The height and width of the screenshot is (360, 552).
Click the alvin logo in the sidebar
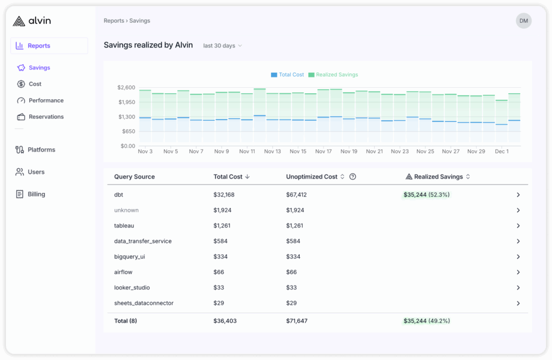[x=32, y=21]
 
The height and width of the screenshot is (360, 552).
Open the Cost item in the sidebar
[x=35, y=84]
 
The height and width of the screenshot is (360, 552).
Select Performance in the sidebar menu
[x=46, y=100]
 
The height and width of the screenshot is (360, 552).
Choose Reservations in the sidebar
[x=46, y=117]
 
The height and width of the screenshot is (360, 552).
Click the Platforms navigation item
[x=41, y=150]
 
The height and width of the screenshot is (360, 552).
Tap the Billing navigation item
[x=36, y=194]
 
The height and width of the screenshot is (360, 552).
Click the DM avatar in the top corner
[x=523, y=21]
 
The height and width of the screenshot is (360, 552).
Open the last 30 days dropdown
[x=222, y=46]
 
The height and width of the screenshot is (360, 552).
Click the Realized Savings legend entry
[x=333, y=75]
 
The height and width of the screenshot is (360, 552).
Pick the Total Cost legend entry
[x=288, y=75]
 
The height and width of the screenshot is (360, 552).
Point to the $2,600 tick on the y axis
[x=126, y=87]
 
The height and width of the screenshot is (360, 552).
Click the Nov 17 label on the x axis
[x=323, y=151]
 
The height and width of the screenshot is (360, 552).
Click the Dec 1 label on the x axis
[x=501, y=151]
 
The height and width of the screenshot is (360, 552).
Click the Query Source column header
[x=134, y=177]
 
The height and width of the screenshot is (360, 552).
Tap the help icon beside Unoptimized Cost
[x=353, y=177]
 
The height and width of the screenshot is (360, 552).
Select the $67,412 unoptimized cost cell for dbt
[x=296, y=195]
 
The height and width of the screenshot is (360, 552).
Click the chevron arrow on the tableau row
[x=518, y=226]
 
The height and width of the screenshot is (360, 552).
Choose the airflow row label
[x=123, y=272]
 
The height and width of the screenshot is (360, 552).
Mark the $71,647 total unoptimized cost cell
[x=296, y=321]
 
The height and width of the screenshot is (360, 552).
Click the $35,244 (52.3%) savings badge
[x=426, y=195]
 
